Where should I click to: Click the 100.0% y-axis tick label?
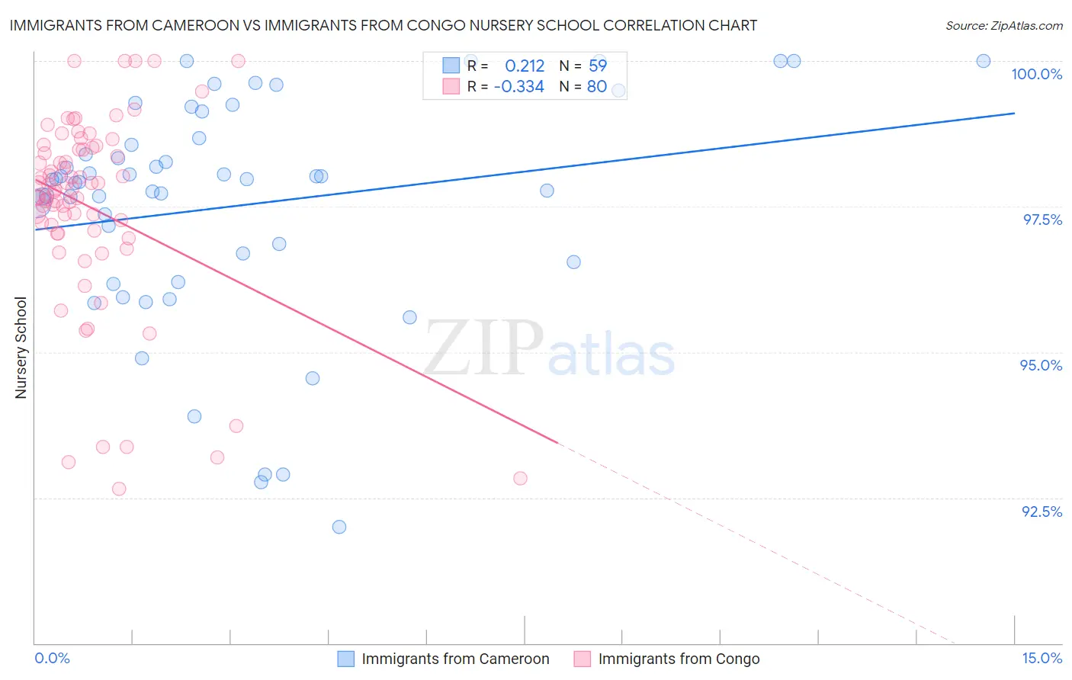click(1036, 74)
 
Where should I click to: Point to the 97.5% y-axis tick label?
click(1042, 220)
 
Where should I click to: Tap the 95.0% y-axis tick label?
click(1041, 365)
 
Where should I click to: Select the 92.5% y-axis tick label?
click(1042, 512)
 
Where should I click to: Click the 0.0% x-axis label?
click(52, 658)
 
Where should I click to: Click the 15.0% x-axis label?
click(1042, 658)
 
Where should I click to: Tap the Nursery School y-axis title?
click(21, 348)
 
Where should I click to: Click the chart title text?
click(384, 25)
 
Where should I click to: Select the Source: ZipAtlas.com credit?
click(1003, 25)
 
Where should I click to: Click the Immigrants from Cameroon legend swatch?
click(346, 659)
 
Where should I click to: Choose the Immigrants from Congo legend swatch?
click(583, 659)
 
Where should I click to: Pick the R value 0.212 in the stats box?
click(525, 66)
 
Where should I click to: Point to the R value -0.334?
click(518, 87)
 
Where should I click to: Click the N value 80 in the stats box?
click(596, 87)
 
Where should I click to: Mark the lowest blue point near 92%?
click(339, 527)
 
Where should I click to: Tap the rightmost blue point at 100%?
click(984, 61)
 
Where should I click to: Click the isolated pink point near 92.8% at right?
click(520, 478)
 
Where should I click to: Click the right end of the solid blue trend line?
click(1014, 113)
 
